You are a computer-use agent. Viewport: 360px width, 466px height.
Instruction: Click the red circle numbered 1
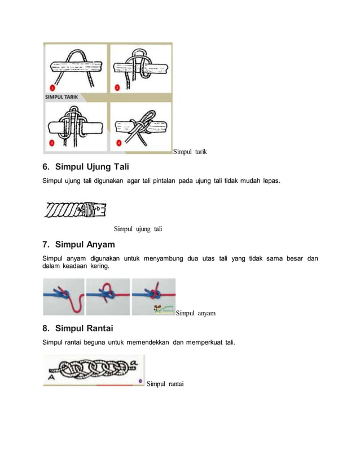pyautogui.click(x=52, y=87)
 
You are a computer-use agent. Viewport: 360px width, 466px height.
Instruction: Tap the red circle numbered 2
pyautogui.click(x=117, y=87)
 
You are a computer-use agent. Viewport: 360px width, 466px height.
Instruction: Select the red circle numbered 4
pyautogui.click(x=118, y=142)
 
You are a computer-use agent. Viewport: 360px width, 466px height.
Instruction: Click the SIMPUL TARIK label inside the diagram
pyautogui.click(x=62, y=96)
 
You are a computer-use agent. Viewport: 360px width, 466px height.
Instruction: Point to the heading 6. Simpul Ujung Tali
pyautogui.click(x=86, y=167)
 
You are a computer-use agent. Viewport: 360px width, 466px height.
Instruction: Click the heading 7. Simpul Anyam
pyautogui.click(x=79, y=244)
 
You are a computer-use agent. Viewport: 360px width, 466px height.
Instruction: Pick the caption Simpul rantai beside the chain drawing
pyautogui.click(x=165, y=384)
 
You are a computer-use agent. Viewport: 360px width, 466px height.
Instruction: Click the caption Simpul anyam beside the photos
pyautogui.click(x=195, y=313)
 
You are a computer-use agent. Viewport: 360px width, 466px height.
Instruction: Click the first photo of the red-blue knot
pyautogui.click(x=63, y=297)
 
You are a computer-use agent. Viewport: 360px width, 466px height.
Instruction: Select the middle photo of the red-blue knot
pyautogui.click(x=108, y=297)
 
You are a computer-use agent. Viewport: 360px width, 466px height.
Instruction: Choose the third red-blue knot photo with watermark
pyautogui.click(x=153, y=297)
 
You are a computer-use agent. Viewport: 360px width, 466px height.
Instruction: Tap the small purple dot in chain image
pyautogui.click(x=140, y=381)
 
